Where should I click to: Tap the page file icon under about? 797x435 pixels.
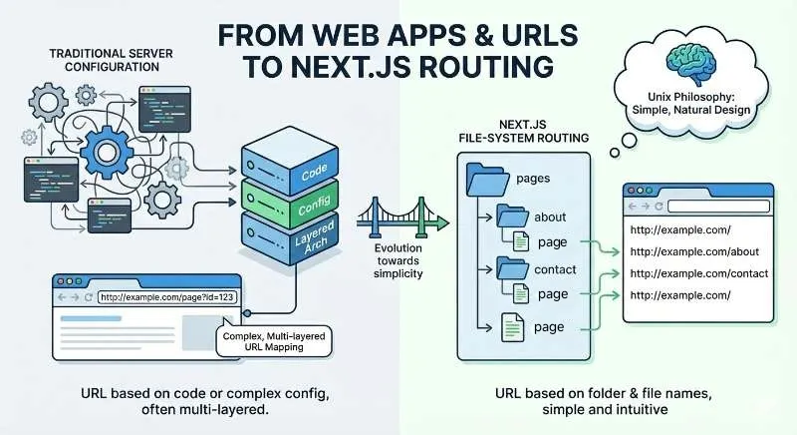(523, 241)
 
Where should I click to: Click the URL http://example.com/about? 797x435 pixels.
(687, 250)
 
